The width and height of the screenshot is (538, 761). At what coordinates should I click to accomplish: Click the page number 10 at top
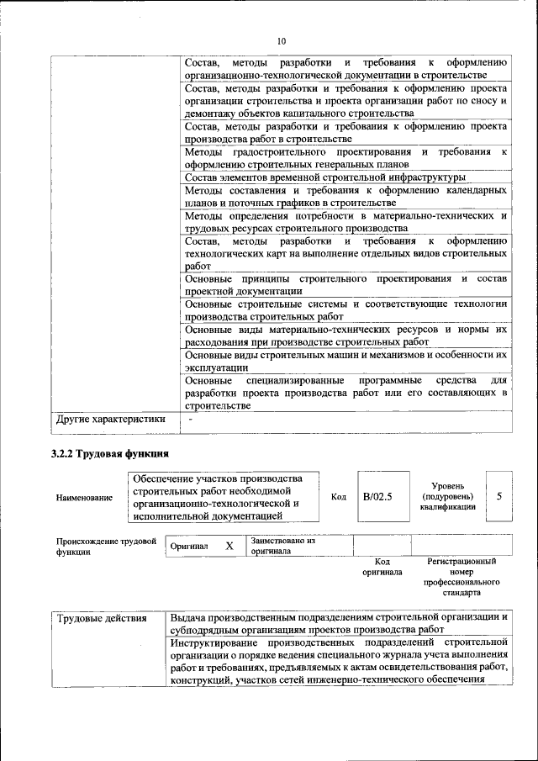[x=282, y=41]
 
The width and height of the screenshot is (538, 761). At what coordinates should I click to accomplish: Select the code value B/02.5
[x=378, y=497]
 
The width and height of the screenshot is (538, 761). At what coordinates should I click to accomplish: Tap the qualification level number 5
[x=499, y=496]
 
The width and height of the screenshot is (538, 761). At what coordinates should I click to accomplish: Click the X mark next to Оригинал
[x=229, y=546]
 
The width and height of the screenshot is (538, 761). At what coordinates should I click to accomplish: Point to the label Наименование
[x=84, y=498]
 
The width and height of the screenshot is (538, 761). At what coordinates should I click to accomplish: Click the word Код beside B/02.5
[x=339, y=497]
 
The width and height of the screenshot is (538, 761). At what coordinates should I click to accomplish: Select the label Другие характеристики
[x=110, y=419]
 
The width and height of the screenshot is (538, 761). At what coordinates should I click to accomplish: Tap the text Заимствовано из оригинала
[x=282, y=547]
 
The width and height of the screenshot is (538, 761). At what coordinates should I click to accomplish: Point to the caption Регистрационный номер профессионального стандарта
[x=462, y=576]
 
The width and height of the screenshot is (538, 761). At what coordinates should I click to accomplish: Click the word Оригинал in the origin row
[x=189, y=547]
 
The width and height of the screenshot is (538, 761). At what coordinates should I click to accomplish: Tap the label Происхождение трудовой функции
[x=106, y=547]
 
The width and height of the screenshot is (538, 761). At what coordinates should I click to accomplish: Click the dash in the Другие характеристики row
[x=191, y=419]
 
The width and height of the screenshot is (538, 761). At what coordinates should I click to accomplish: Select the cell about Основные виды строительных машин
[x=345, y=361]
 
